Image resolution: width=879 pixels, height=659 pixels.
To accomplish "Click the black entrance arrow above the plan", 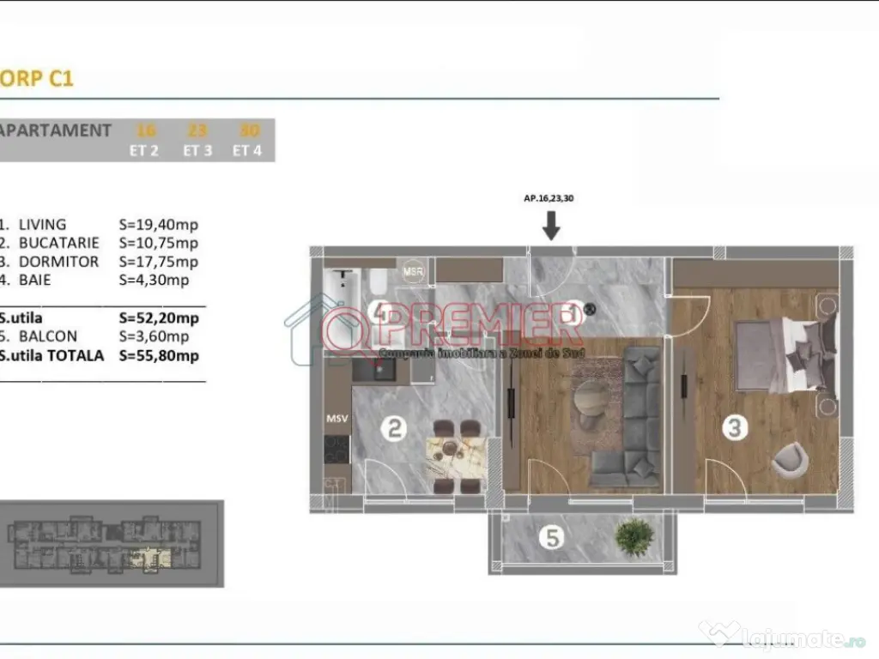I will [x=551, y=225].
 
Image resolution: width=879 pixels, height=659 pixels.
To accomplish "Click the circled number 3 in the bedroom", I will [x=734, y=427].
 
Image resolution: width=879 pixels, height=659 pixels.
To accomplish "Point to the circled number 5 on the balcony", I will [x=553, y=538].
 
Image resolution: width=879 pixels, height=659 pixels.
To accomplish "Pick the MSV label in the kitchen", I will [x=336, y=420].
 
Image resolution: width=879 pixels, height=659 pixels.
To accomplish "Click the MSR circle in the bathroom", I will [x=414, y=269].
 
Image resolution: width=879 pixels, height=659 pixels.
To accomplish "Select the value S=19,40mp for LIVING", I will [x=159, y=225].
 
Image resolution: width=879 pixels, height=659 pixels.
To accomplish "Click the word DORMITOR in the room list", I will [x=59, y=262].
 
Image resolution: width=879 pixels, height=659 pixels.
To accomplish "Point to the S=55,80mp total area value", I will [x=159, y=355].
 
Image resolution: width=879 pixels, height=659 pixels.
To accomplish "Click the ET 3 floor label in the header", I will [x=197, y=150].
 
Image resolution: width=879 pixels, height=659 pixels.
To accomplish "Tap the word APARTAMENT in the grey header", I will [x=55, y=131].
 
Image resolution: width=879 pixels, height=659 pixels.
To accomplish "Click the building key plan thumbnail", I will [x=112, y=544].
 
